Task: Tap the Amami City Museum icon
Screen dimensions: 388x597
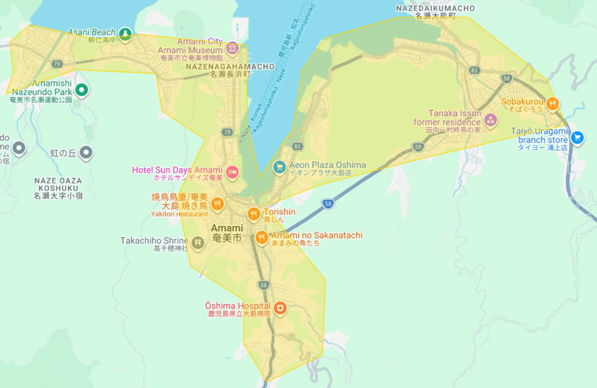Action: [233, 47]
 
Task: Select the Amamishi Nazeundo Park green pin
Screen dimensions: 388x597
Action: [82, 90]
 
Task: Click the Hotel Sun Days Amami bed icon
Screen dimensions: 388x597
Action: [233, 171]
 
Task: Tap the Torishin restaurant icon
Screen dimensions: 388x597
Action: [253, 214]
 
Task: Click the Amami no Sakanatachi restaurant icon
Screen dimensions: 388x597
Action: [261, 237]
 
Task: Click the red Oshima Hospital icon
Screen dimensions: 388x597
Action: [280, 308]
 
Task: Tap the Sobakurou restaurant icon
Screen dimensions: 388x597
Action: [553, 104]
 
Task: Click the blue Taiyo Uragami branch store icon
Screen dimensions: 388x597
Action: [577, 137]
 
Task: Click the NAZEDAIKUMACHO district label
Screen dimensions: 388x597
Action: [435, 8]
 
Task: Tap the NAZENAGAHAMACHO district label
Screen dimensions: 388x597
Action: [230, 66]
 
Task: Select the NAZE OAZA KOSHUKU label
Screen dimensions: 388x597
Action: [58, 184]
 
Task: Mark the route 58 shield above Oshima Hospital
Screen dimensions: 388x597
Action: [264, 285]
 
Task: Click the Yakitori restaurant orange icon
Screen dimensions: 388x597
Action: [217, 203]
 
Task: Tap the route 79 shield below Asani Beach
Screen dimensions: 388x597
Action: [57, 64]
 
